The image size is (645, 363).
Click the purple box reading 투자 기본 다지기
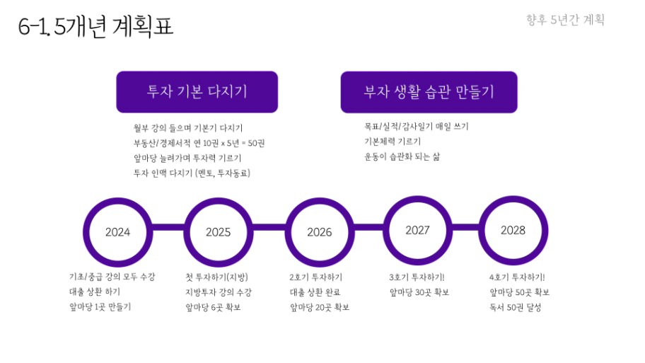click(x=197, y=92)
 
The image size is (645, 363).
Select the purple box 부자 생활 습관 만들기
click(x=429, y=92)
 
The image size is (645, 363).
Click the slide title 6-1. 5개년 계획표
click(x=95, y=26)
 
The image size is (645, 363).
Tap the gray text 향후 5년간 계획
click(x=565, y=20)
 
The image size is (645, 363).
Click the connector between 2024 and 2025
click(x=168, y=228)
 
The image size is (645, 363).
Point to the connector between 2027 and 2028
click(x=465, y=228)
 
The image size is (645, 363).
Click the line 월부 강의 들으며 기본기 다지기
click(x=188, y=128)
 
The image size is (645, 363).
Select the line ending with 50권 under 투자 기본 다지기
click(x=199, y=143)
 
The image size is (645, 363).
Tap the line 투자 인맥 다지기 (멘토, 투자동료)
click(x=192, y=173)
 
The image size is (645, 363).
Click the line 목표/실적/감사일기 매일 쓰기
click(x=417, y=127)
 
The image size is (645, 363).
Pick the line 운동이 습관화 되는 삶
click(x=402, y=156)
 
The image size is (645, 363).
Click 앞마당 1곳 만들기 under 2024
click(x=100, y=306)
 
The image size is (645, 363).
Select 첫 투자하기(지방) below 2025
click(x=217, y=277)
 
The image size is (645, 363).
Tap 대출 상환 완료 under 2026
click(x=315, y=292)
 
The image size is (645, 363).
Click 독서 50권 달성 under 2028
click(x=515, y=307)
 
